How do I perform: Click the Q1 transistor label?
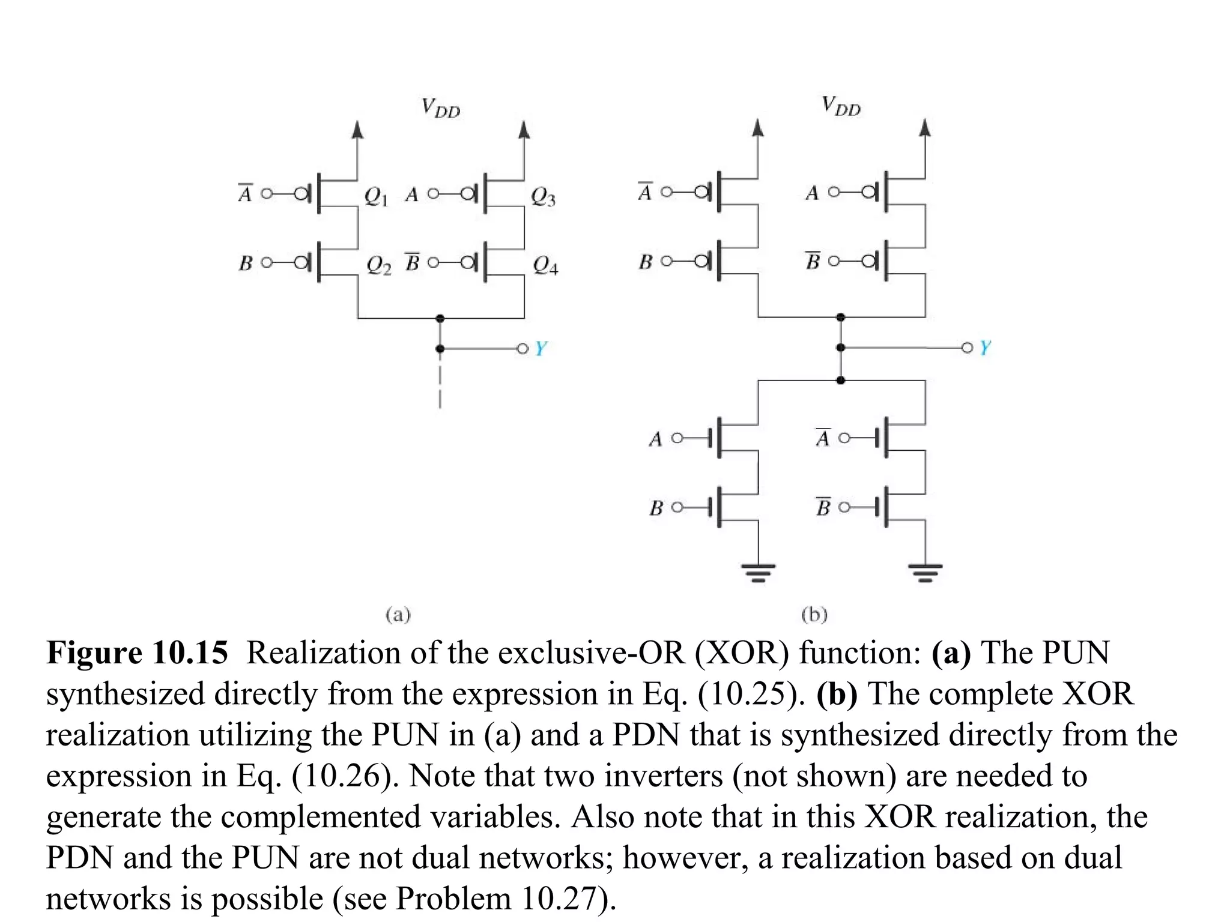376,196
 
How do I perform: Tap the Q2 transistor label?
378,265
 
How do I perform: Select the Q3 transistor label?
543,196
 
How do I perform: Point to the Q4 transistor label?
545,265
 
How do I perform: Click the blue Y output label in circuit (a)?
541,348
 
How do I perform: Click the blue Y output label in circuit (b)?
985,348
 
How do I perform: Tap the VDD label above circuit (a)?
440,109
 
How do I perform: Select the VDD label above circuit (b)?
841,106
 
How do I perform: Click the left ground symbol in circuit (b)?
759,572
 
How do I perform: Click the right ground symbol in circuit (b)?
925,572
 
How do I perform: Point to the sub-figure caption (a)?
398,615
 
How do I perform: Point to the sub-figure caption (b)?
814,615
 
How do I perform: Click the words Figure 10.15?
138,652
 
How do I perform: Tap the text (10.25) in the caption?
751,694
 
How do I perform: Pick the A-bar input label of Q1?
244,193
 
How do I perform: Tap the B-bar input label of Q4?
412,262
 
